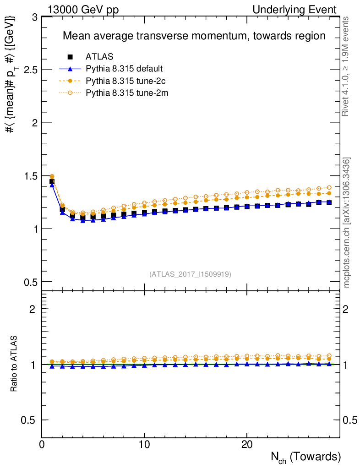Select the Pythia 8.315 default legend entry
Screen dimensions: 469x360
[124, 69]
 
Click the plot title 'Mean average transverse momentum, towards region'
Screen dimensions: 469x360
[194, 36]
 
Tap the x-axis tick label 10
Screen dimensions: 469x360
[144, 445]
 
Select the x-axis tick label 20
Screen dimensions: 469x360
[247, 445]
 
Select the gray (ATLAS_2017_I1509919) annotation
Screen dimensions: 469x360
[190, 274]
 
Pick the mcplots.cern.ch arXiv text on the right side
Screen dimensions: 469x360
[347, 222]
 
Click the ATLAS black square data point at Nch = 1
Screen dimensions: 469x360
[52, 182]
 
